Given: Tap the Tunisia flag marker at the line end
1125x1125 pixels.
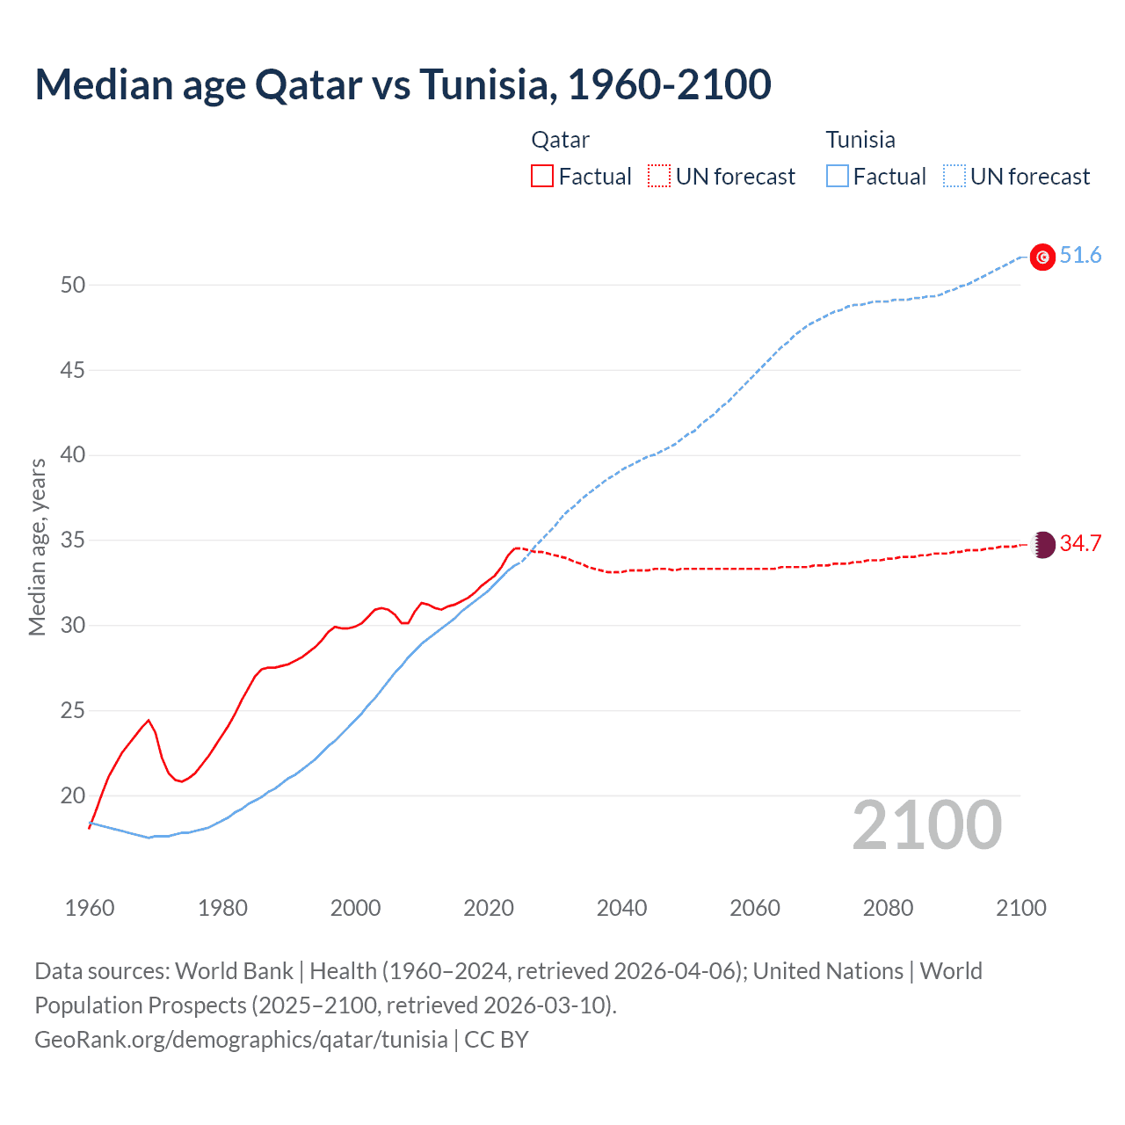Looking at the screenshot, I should coord(1042,257).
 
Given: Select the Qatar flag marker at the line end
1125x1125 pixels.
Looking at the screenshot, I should coord(1042,544).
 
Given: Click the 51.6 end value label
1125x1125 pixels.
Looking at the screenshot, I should coord(1080,256).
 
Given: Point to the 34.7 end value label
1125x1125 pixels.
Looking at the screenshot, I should coord(1080,544).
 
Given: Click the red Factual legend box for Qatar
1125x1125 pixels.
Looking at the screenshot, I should coord(542,177).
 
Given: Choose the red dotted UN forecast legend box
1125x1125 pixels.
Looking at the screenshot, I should coord(659,177).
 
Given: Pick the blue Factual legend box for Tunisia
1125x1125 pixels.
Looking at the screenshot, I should coord(838,177).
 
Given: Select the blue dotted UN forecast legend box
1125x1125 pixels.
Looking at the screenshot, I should coord(954,177).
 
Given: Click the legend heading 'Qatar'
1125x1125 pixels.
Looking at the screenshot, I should coord(560,140).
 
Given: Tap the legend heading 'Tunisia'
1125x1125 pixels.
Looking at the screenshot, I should coord(860,140).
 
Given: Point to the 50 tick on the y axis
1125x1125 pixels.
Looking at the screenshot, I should coord(73,285).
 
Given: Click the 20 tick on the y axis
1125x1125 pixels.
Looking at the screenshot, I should coord(73,796).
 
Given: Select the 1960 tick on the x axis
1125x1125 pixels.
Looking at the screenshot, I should coord(90,908).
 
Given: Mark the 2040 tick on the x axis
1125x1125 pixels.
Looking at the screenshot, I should coord(621,908).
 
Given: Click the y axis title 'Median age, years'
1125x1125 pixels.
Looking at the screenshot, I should coord(37,547).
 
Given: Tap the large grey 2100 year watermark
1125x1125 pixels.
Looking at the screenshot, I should coord(926,825).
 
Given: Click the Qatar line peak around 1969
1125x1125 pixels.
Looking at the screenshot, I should coord(149,721).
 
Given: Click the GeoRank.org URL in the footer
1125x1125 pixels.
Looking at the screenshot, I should coord(241,1040).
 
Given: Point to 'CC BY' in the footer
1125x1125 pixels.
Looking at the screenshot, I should coord(497,1040).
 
